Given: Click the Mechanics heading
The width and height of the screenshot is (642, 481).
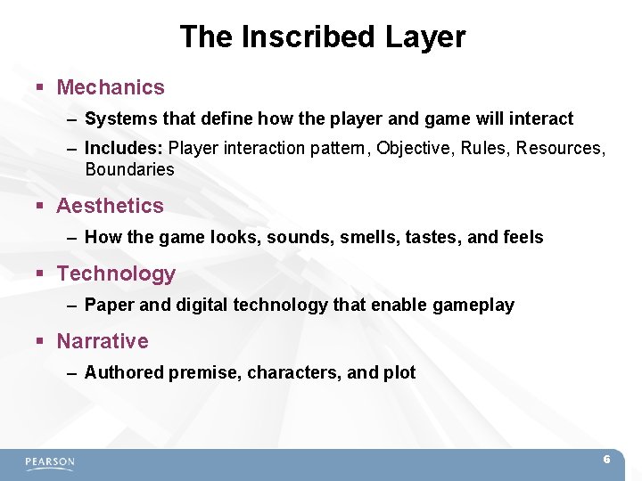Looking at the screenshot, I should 111,87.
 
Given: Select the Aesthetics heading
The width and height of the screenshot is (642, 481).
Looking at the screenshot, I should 111,206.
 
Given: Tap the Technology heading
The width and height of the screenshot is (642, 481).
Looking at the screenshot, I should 117,273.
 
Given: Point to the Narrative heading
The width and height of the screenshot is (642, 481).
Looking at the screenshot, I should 103,341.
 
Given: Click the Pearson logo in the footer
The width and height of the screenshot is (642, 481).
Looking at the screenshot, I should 50,462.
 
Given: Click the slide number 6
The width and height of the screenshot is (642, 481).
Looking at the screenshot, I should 606,460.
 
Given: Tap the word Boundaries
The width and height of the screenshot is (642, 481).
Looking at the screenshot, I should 129,169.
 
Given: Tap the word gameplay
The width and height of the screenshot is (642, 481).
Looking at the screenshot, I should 473,306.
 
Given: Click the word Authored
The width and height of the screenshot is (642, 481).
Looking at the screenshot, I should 120,373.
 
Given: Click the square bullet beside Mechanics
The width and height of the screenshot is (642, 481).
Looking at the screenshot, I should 40,88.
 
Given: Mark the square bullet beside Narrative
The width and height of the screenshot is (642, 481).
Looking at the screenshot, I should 40,342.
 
